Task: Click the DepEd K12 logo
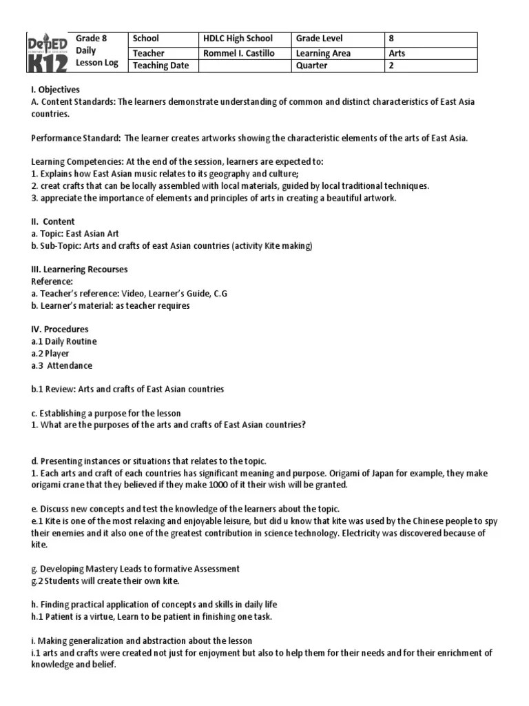click(x=48, y=51)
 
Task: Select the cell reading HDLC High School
click(x=238, y=39)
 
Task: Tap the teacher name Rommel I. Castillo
click(x=238, y=52)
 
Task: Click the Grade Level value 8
click(x=391, y=39)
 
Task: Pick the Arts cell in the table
click(x=397, y=52)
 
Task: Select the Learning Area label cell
click(x=323, y=52)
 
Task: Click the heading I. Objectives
click(x=55, y=90)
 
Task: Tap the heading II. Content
click(x=53, y=221)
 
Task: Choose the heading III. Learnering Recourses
click(x=79, y=269)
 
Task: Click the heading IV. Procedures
click(x=59, y=329)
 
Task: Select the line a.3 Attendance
click(x=61, y=365)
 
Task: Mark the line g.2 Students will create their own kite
click(x=105, y=581)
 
